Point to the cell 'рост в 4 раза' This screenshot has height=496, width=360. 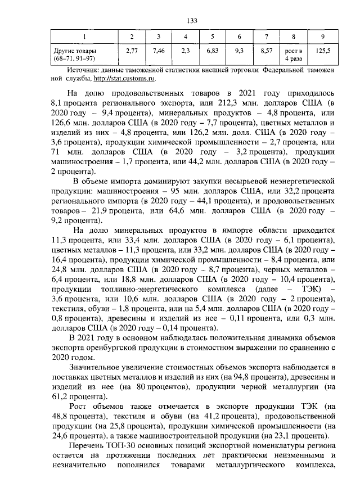click(x=294, y=55)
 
